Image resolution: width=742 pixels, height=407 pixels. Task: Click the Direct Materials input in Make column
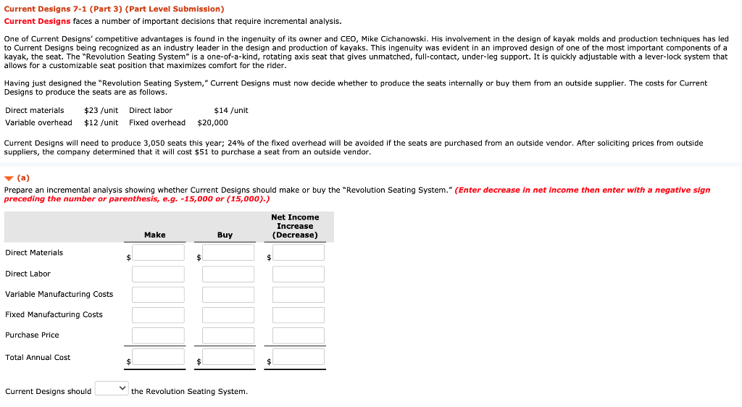click(x=158, y=253)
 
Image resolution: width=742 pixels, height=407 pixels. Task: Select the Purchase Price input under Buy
click(x=228, y=335)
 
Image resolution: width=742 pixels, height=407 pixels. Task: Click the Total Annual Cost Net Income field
click(x=298, y=357)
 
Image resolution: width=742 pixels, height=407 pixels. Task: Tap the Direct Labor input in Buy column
click(x=228, y=274)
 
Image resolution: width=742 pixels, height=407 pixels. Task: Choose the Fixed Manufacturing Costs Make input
click(x=158, y=315)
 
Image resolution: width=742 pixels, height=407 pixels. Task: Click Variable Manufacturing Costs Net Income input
click(x=298, y=295)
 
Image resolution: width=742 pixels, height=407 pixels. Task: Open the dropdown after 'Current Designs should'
click(x=112, y=389)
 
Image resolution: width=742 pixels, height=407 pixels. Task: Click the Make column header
click(x=154, y=235)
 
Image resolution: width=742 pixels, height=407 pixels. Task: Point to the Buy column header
click(x=225, y=235)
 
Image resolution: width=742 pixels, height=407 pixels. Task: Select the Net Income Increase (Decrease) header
click(x=295, y=226)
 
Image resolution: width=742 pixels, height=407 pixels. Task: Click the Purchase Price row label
click(x=32, y=335)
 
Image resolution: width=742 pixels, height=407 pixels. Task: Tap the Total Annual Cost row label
click(x=38, y=358)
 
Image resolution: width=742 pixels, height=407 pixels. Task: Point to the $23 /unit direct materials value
click(x=101, y=111)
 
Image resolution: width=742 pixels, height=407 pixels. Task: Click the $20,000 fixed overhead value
click(x=212, y=123)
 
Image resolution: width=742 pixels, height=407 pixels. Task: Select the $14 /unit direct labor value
click(x=231, y=111)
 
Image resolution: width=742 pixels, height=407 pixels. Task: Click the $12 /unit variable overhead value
click(x=101, y=123)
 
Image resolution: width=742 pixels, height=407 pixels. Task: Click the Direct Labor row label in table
click(x=28, y=274)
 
